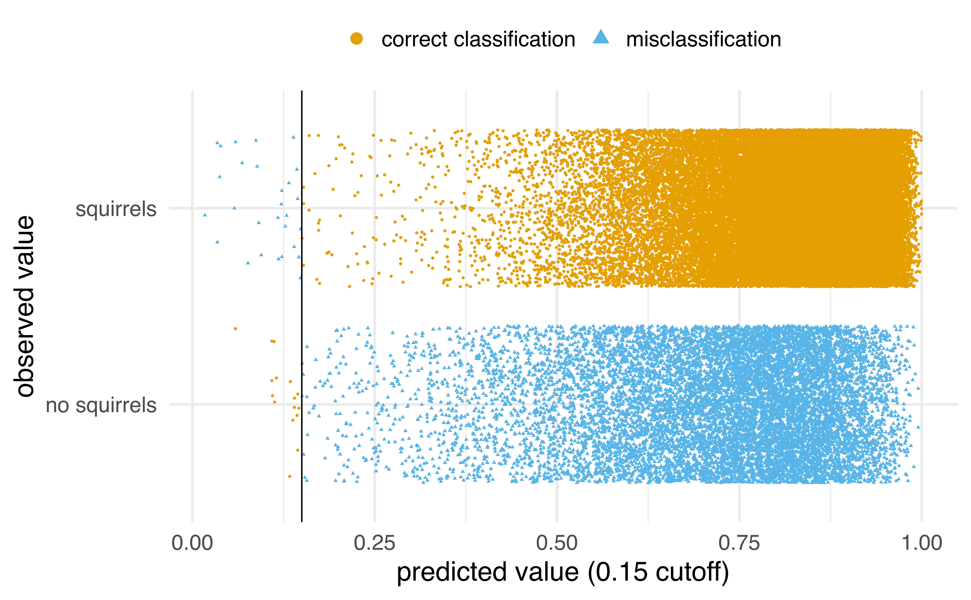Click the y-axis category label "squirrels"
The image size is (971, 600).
(x=116, y=209)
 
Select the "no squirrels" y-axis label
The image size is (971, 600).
(x=101, y=406)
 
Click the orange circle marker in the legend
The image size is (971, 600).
(x=356, y=39)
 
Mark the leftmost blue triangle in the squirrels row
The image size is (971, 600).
(x=205, y=215)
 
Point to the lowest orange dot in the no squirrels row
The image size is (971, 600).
(x=290, y=476)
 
